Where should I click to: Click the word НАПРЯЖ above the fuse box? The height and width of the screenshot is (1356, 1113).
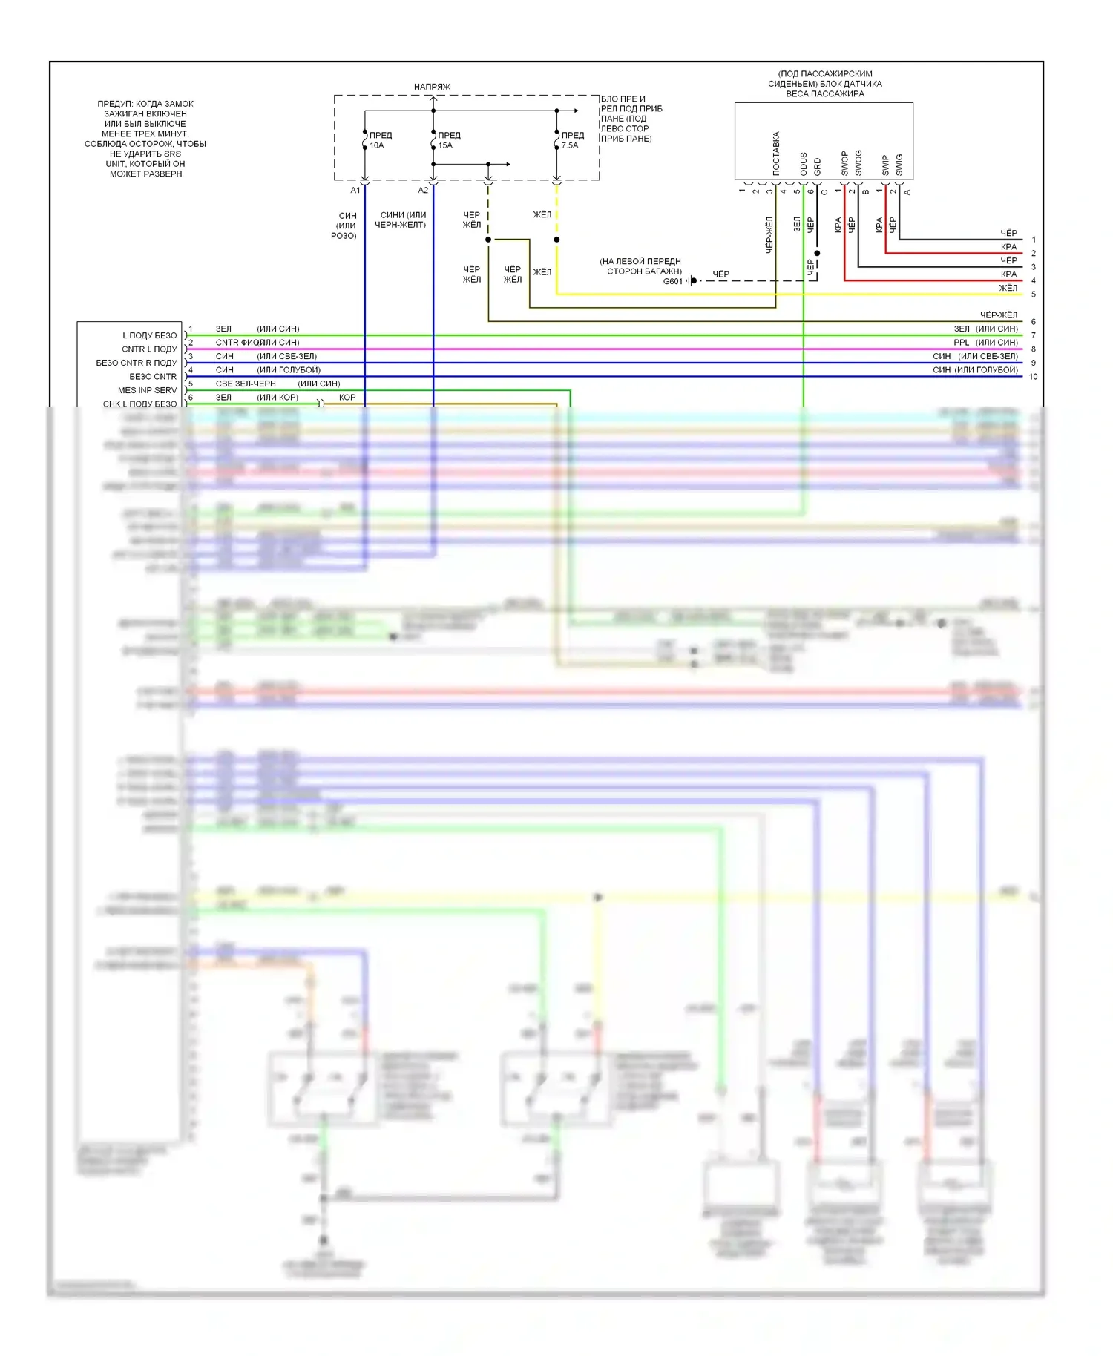pyautogui.click(x=432, y=87)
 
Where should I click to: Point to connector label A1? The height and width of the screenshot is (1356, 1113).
pyautogui.click(x=355, y=191)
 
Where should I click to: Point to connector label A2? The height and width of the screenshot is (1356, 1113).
pyautogui.click(x=423, y=191)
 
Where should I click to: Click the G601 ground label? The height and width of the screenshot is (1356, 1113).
pyautogui.click(x=672, y=281)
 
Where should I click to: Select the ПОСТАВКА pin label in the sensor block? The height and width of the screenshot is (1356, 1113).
pyautogui.click(x=776, y=154)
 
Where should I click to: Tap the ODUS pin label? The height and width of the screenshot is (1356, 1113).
pyautogui.click(x=804, y=164)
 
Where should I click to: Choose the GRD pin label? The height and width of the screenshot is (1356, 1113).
pyautogui.click(x=817, y=166)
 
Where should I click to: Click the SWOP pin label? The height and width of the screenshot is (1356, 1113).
pyautogui.click(x=844, y=163)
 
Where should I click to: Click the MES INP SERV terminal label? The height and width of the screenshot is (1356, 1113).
pyautogui.click(x=147, y=390)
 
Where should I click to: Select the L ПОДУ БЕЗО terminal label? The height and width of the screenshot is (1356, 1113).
pyautogui.click(x=149, y=335)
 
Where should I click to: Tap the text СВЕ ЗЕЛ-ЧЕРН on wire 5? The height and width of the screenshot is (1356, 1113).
pyautogui.click(x=246, y=384)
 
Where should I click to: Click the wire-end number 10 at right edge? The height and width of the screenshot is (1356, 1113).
pyautogui.click(x=1033, y=377)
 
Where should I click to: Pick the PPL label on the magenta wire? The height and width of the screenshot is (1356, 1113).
pyautogui.click(x=961, y=343)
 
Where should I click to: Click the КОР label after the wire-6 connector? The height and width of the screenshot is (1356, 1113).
pyautogui.click(x=347, y=398)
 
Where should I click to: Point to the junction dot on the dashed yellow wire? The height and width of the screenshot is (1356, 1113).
pyautogui.click(x=556, y=240)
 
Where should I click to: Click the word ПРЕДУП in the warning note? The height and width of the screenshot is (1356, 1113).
pyautogui.click(x=114, y=104)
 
